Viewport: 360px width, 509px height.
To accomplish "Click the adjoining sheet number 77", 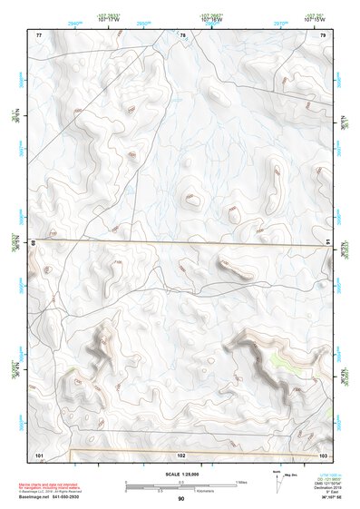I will (39, 34).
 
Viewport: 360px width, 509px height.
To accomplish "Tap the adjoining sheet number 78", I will (182, 34).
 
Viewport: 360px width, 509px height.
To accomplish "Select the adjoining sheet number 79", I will (323, 34).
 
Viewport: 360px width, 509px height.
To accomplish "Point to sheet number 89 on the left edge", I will (34, 243).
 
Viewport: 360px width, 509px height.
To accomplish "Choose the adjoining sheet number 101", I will (39, 454).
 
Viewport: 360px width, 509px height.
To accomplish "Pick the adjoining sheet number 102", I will (181, 454).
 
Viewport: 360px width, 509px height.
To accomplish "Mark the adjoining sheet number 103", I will (323, 454).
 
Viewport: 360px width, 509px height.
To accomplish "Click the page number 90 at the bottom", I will (181, 499).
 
